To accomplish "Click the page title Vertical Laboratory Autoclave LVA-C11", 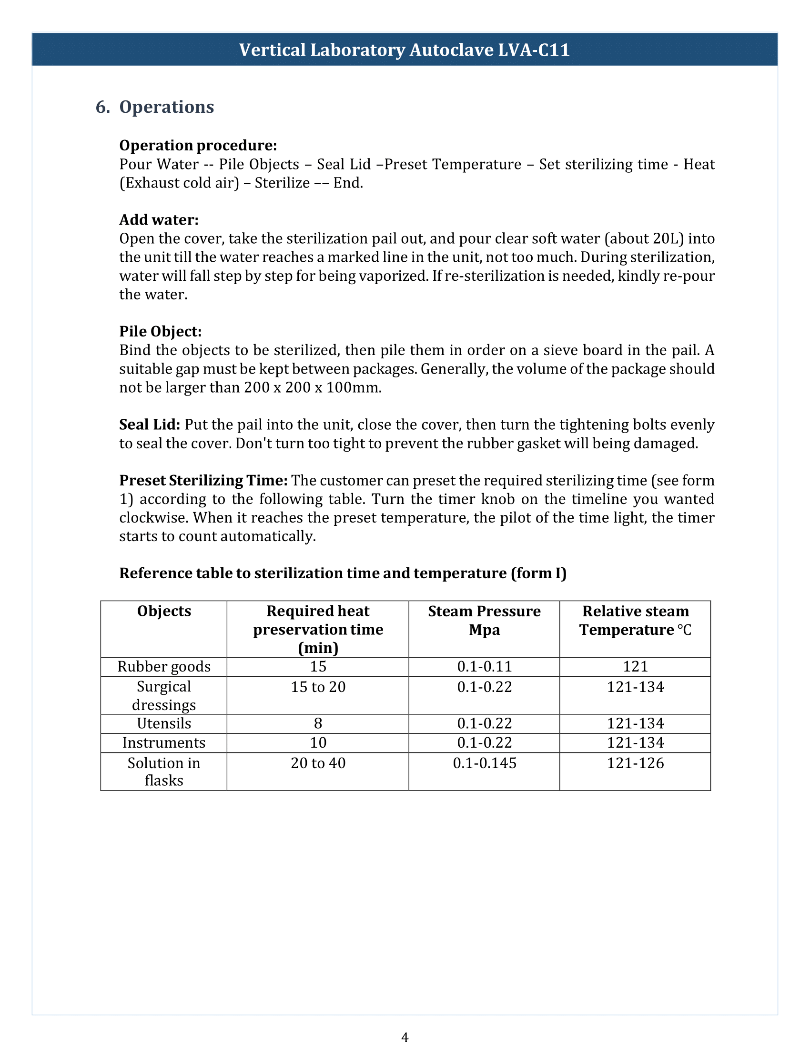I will pyautogui.click(x=404, y=50).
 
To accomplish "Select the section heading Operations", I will pyautogui.click(x=166, y=107).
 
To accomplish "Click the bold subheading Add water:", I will pyautogui.click(x=159, y=219).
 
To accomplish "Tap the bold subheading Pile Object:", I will pyautogui.click(x=160, y=331).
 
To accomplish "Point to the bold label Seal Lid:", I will pyautogui.click(x=149, y=424).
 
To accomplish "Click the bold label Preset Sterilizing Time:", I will pyautogui.click(x=203, y=480).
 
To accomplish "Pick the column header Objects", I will pyautogui.click(x=163, y=611).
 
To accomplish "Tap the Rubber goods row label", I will pyautogui.click(x=163, y=666).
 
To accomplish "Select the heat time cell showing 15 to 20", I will pyautogui.click(x=318, y=687).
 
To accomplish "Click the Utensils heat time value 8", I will pyautogui.click(x=318, y=723).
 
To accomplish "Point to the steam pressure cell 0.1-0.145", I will pyautogui.click(x=484, y=763).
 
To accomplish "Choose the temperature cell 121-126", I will pyautogui.click(x=635, y=763).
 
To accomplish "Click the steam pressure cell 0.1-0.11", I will pyautogui.click(x=484, y=666).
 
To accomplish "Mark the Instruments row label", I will pyautogui.click(x=163, y=742).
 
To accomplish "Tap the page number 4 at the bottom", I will pyautogui.click(x=405, y=1037).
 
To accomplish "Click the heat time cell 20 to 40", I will pyautogui.click(x=318, y=763).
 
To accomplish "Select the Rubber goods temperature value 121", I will pyautogui.click(x=635, y=666).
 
